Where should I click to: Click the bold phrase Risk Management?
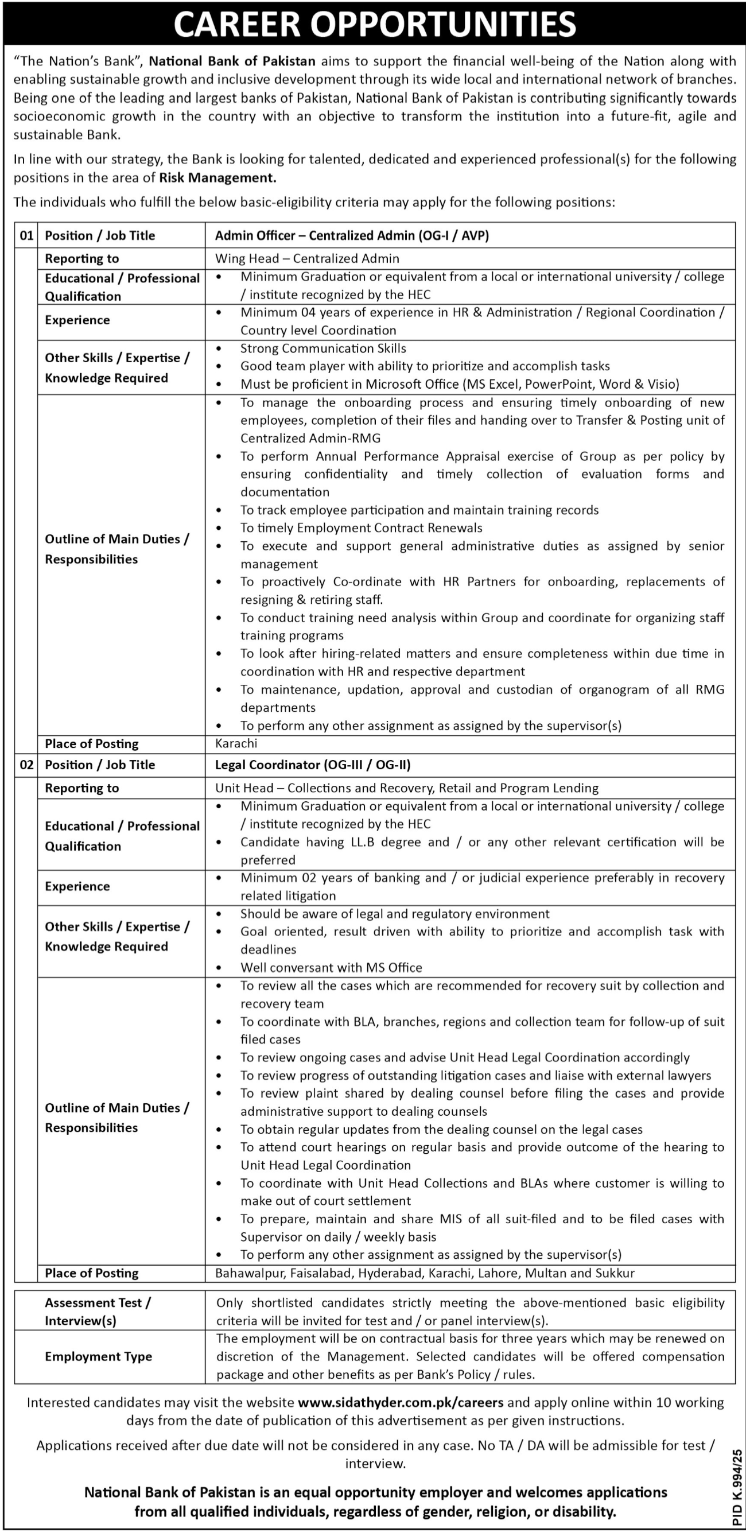pyautogui.click(x=217, y=177)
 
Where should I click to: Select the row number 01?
pyautogui.click(x=27, y=235)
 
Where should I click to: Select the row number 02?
pyautogui.click(x=27, y=765)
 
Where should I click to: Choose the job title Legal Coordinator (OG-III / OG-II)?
pyautogui.click(x=313, y=765)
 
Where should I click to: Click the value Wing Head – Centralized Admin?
pyautogui.click(x=308, y=258)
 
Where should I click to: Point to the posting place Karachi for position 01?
pyautogui.click(x=236, y=743)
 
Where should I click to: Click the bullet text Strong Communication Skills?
pyautogui.click(x=324, y=348)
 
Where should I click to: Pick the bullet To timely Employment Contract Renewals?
pyautogui.click(x=362, y=528)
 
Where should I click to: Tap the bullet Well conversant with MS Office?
pyautogui.click(x=331, y=968)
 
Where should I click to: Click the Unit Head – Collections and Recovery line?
pyautogui.click(x=407, y=788)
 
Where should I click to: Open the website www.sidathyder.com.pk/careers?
pyautogui.click(x=401, y=1402)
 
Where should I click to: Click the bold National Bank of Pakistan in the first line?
pyautogui.click(x=232, y=61)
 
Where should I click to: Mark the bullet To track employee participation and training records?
pyautogui.click(x=419, y=510)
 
